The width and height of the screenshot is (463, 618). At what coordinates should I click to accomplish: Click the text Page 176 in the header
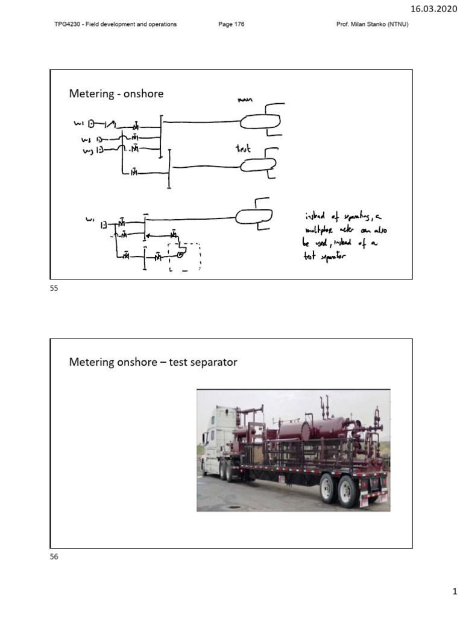[231, 24]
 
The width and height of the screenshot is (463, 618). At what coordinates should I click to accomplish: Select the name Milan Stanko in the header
[370, 24]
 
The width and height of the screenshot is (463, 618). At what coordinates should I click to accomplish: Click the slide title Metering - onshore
[116, 94]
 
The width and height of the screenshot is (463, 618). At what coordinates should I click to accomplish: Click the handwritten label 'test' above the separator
[244, 148]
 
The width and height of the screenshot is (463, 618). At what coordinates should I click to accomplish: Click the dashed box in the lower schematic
[185, 256]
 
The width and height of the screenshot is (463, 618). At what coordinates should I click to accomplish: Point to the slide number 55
[54, 289]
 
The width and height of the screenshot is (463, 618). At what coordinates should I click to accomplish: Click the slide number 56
[54, 557]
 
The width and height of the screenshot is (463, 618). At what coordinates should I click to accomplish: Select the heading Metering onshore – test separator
[153, 362]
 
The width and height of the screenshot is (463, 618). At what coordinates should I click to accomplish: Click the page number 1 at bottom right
[456, 595]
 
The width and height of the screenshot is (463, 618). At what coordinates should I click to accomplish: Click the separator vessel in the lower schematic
[253, 215]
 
